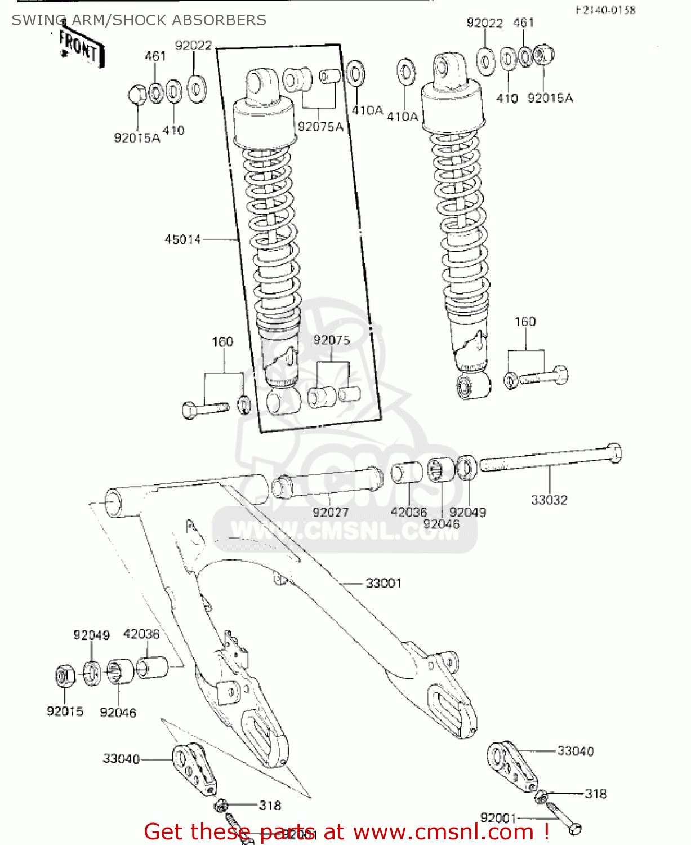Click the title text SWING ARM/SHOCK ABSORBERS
pyautogui.click(x=139, y=20)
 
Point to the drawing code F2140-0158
pyautogui.click(x=605, y=10)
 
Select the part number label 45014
pyautogui.click(x=182, y=239)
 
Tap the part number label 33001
pyautogui.click(x=384, y=583)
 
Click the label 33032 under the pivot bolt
pyautogui.click(x=549, y=500)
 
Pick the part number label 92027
pyautogui.click(x=331, y=512)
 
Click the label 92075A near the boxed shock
pyautogui.click(x=320, y=127)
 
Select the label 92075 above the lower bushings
pyautogui.click(x=331, y=340)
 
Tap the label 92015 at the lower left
pyautogui.click(x=65, y=711)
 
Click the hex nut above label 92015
pyautogui.click(x=65, y=675)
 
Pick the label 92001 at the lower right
pyautogui.click(x=498, y=817)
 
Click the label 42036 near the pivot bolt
pyautogui.click(x=409, y=512)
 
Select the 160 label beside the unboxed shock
pyautogui.click(x=525, y=322)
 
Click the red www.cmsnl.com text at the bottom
pyautogui.click(x=443, y=831)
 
